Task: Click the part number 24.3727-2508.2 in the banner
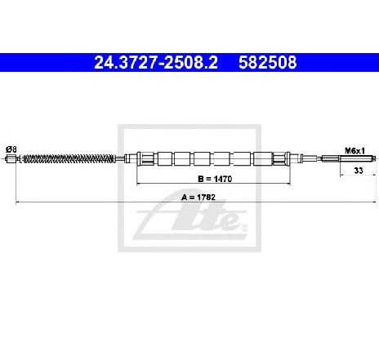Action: pos(156,62)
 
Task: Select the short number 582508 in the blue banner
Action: pos(268,62)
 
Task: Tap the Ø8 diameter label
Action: pos(11,149)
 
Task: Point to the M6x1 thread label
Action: pos(354,150)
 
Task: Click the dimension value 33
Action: pos(359,171)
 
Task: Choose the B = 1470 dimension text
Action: pos(215,179)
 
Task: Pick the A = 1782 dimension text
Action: pos(198,197)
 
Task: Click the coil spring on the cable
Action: pos(69,158)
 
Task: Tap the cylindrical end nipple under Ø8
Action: pos(11,158)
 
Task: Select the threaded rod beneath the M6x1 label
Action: pos(357,158)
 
